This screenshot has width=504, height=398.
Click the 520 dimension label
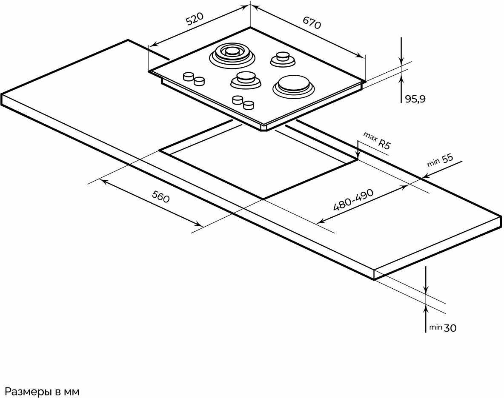195,19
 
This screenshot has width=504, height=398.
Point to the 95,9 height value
415,99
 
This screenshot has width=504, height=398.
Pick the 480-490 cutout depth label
353,200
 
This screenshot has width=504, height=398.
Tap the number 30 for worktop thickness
450,328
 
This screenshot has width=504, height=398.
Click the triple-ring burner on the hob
232,54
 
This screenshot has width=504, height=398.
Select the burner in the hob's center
246,79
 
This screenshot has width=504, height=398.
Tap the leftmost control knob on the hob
188,77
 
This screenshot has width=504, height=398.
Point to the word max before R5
370,137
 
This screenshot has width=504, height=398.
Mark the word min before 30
435,327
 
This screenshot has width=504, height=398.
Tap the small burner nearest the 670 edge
282,58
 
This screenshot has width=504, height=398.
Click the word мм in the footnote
72,391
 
